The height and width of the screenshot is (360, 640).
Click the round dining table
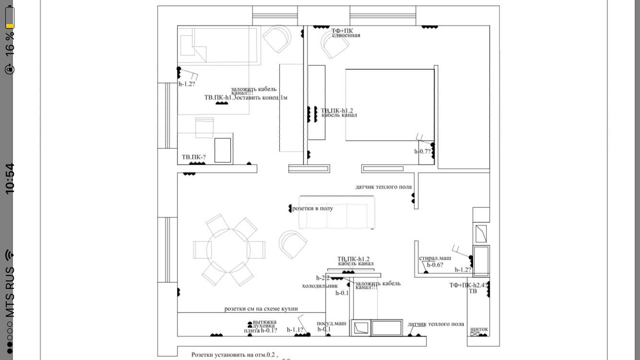[229, 250]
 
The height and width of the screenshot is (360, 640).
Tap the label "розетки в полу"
[312, 208]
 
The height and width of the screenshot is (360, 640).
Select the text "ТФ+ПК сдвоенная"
[345, 33]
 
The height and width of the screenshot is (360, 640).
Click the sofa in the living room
[336, 213]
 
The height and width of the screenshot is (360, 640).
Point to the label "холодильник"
[320, 286]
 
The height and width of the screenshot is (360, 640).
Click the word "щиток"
[479, 329]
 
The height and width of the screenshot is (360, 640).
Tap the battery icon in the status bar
[10, 17]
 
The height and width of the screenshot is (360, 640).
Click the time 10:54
[10, 179]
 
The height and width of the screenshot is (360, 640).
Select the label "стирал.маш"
[435, 258]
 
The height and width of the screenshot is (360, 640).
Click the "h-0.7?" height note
[423, 151]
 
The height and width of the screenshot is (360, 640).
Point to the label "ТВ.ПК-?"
[193, 157]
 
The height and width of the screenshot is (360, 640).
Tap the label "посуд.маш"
[331, 323]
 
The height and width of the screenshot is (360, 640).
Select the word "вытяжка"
[264, 322]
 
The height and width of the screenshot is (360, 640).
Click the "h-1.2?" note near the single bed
[187, 84]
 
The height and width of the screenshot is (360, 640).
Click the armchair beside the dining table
[293, 244]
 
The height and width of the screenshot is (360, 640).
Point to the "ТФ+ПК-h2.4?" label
[468, 285]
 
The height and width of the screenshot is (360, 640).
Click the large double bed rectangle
[390, 105]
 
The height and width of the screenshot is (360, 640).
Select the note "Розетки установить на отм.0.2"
[234, 355]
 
